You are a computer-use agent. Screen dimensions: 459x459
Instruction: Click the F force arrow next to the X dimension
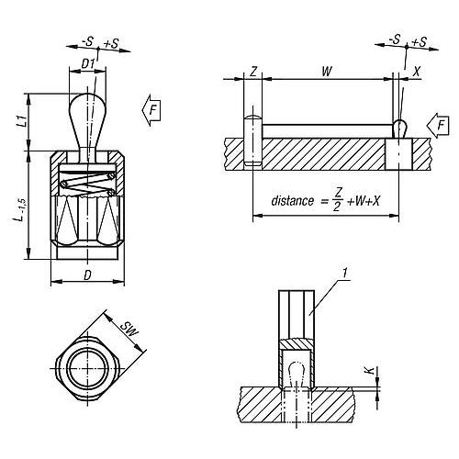441,123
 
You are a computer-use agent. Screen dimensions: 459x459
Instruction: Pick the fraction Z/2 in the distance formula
339,199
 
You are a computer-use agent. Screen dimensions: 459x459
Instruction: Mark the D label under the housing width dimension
87,274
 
